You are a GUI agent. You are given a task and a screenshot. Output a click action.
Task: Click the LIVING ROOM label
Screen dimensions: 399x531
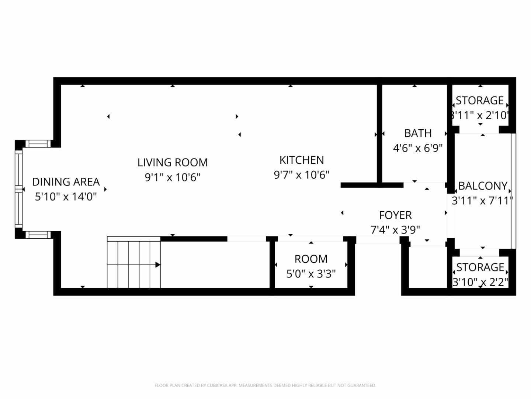click(x=173, y=163)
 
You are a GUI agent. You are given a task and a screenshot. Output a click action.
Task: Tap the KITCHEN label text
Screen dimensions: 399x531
click(x=302, y=160)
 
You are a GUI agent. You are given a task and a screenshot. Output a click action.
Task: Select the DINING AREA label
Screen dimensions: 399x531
click(x=66, y=182)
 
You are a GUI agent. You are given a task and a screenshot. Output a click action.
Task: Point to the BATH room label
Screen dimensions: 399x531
click(x=418, y=133)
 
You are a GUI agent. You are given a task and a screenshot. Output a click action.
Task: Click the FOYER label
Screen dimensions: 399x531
click(x=395, y=215)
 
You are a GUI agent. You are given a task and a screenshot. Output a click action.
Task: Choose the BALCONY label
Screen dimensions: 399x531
click(x=483, y=186)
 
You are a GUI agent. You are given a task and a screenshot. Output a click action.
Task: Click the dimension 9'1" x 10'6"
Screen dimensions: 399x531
click(x=173, y=177)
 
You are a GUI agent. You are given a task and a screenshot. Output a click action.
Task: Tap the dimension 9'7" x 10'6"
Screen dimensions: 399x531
click(x=302, y=175)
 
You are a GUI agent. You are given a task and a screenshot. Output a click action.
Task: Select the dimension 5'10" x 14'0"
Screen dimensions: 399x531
click(x=66, y=197)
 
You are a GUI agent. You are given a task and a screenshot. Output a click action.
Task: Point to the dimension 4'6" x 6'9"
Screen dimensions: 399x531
click(x=418, y=148)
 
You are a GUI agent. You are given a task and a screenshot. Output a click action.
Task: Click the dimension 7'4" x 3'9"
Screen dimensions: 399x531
click(x=395, y=230)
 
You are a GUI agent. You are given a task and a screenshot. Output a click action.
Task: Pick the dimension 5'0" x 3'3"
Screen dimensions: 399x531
click(x=311, y=274)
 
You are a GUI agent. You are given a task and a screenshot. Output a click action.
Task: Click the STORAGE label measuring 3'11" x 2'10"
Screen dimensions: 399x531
click(x=480, y=100)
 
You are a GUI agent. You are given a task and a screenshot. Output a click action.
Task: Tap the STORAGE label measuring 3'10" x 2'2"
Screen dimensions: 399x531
click(x=480, y=267)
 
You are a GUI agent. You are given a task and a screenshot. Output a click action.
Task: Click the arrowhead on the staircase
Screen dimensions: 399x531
click(x=158, y=265)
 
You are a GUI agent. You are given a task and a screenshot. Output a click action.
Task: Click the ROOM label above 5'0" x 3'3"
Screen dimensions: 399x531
click(x=311, y=259)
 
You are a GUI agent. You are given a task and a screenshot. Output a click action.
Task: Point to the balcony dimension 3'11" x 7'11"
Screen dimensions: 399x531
click(x=483, y=201)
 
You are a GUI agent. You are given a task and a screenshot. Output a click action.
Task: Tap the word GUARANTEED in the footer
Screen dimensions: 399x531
click(x=362, y=385)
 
